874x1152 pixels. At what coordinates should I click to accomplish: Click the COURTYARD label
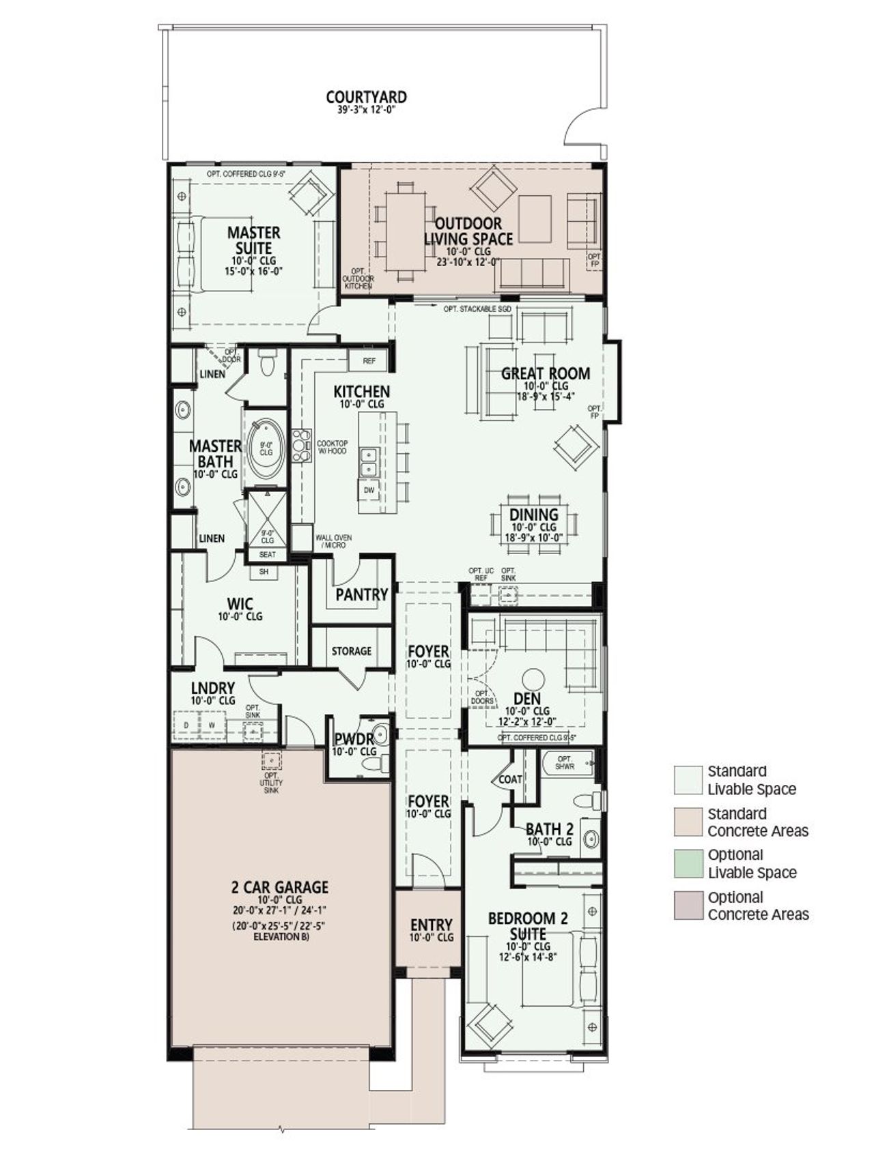click(366, 98)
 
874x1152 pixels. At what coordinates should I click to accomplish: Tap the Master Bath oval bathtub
click(266, 449)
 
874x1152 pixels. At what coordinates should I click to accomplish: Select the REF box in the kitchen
click(369, 361)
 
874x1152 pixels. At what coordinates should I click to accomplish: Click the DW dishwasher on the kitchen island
click(369, 490)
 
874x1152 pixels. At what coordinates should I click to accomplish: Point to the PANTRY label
click(361, 594)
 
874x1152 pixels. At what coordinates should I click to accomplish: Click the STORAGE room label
click(352, 651)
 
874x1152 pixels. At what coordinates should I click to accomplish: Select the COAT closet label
click(510, 779)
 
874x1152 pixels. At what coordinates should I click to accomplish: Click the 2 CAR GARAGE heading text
click(280, 887)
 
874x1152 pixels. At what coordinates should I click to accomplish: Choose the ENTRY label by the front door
click(431, 925)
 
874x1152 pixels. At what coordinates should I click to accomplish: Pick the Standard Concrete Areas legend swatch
click(688, 822)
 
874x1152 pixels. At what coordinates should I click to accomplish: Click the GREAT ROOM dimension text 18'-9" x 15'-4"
click(546, 396)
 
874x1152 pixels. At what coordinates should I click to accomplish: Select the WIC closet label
click(240, 604)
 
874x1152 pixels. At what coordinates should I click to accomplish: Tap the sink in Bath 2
click(590, 837)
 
